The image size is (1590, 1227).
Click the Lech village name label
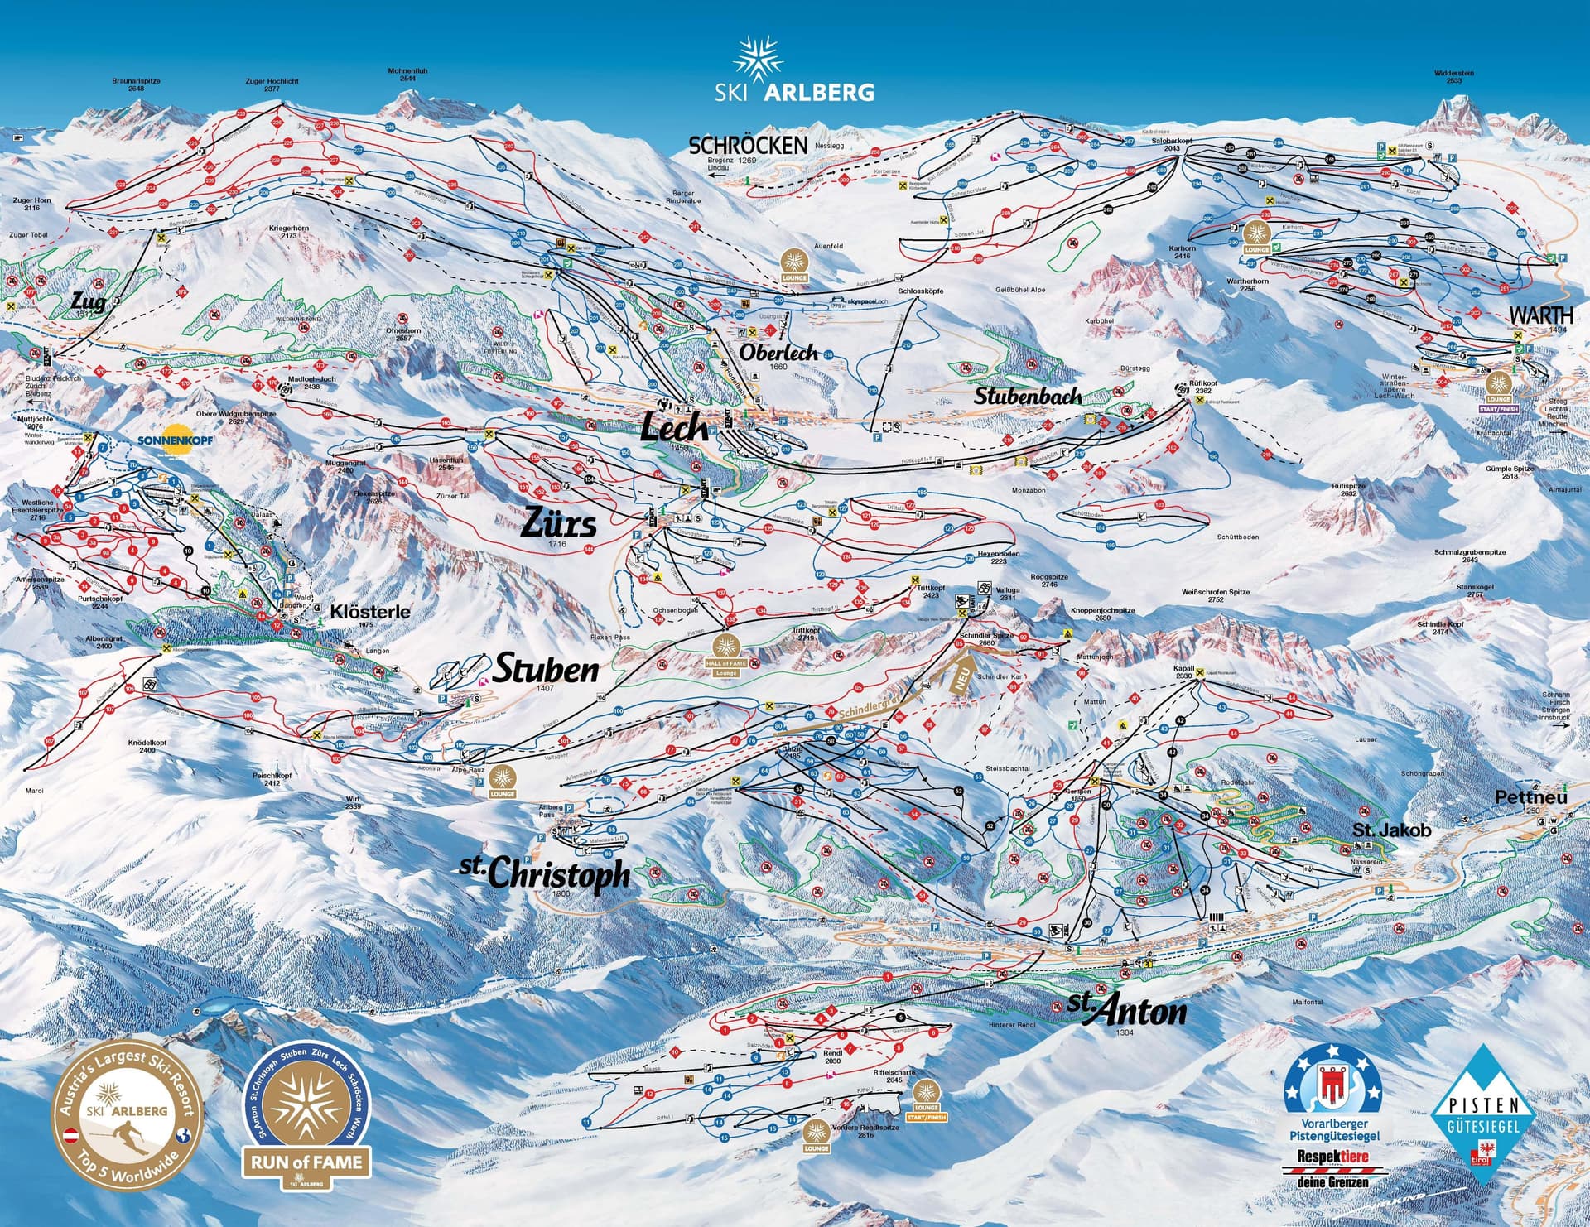(x=676, y=426)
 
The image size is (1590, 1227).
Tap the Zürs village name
(x=558, y=524)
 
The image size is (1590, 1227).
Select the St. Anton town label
(x=1127, y=1010)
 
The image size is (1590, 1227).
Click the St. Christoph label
(x=546, y=873)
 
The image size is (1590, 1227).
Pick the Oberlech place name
(x=778, y=353)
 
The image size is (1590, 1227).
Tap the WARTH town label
(x=1540, y=315)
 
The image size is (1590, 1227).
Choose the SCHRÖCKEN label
(x=748, y=146)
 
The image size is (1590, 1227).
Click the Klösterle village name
(x=370, y=612)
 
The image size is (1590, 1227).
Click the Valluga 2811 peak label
(x=1008, y=594)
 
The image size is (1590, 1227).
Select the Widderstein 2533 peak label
(x=1453, y=77)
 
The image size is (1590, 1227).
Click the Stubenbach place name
(x=1027, y=396)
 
